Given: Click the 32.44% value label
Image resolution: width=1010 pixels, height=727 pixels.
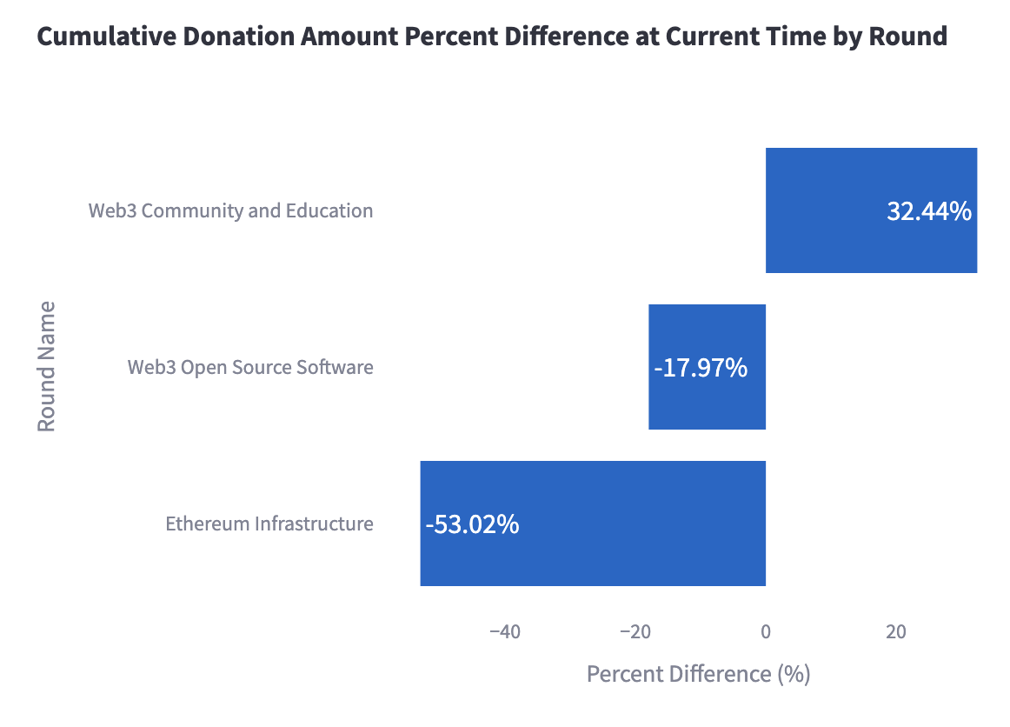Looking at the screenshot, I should point(928,211).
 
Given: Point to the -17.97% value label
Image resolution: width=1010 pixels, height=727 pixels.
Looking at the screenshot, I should point(701,368).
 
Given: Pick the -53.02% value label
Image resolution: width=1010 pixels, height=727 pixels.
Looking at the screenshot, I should point(472,524).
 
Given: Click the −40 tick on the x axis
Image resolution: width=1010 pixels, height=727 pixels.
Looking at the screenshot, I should point(505,632).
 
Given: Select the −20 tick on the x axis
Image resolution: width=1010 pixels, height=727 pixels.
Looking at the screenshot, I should point(635,632).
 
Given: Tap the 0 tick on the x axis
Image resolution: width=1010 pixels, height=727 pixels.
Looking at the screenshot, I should point(766,632).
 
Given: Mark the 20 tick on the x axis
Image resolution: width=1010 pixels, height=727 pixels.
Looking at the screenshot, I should point(896,632).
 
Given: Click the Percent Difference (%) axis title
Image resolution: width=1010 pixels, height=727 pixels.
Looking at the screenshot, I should point(698,674).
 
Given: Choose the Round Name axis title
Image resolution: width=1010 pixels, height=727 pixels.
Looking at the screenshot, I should point(46,366).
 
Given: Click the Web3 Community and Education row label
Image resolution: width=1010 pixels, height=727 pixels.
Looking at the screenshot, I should point(230,210).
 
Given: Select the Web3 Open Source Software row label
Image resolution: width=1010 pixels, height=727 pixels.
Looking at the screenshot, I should point(250,367).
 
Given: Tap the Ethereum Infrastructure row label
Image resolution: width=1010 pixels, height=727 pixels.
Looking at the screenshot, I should point(269,524).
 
